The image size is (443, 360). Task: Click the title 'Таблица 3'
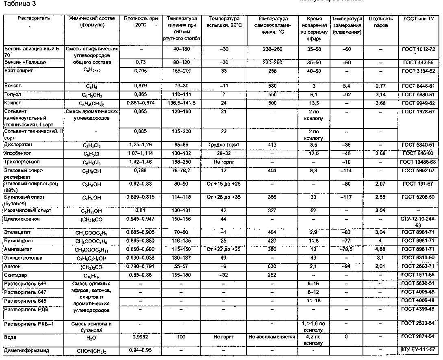17,4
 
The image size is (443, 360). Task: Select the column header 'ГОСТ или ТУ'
419,19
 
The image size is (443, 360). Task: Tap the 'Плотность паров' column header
381,22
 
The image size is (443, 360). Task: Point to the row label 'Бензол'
13,86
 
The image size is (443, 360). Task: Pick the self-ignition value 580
272,86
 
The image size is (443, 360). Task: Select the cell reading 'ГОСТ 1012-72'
419,49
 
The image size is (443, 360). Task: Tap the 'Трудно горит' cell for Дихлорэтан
224,145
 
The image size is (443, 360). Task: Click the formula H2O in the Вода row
93,338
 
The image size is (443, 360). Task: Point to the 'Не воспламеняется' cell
272,337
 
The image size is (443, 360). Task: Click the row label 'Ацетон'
13,266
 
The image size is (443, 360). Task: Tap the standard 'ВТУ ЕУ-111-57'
419,349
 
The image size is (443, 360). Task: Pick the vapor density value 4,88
381,249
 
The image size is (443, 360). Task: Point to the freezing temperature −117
346,197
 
